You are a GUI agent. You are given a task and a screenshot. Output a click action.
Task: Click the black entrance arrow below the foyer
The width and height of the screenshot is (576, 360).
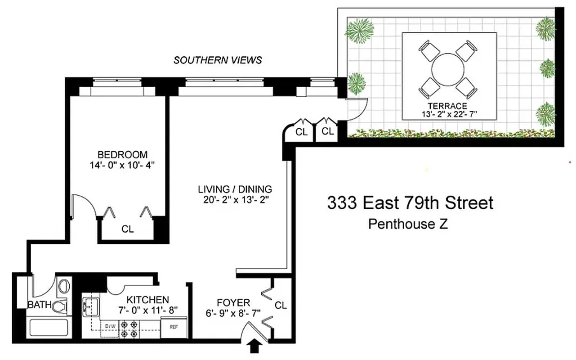255,346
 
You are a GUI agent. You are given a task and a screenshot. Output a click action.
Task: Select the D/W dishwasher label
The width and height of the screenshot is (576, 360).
110,325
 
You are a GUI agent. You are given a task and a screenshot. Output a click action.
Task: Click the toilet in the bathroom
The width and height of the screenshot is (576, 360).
60,307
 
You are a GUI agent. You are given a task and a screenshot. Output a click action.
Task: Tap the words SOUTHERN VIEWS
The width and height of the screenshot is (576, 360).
218,60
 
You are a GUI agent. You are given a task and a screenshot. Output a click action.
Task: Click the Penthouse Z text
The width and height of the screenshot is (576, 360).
408,224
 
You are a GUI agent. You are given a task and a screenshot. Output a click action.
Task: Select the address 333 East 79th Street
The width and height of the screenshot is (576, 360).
410,203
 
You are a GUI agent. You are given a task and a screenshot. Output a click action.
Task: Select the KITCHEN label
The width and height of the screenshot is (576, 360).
147,300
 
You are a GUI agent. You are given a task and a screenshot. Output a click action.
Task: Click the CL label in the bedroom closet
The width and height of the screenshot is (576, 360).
128,229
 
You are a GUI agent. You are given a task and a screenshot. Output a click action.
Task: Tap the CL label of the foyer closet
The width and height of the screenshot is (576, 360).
281,306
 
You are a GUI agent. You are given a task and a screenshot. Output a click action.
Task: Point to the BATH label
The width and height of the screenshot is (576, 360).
40,305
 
